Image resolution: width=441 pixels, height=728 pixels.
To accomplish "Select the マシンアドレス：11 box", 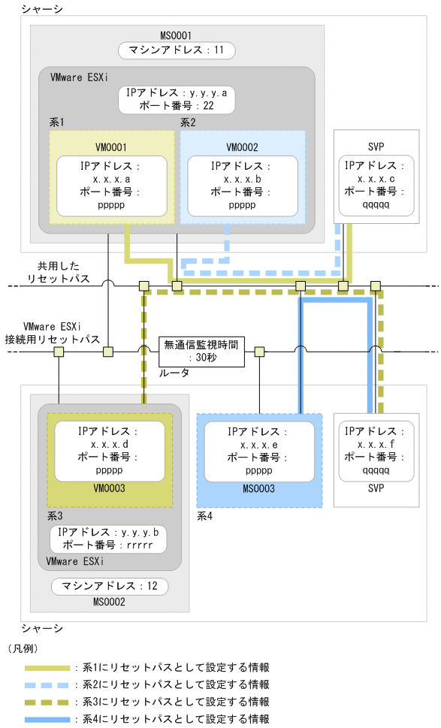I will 177,50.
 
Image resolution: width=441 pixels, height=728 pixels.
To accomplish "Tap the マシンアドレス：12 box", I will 110,586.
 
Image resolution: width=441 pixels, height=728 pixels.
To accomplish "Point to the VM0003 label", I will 109,488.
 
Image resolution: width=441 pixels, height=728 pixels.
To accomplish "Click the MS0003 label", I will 258,488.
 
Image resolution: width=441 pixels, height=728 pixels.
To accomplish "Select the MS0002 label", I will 110,602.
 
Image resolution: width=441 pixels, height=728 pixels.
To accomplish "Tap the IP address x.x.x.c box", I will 376,186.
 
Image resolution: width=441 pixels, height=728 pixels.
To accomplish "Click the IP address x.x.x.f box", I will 376,450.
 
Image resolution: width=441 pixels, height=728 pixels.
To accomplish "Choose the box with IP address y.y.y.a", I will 177,99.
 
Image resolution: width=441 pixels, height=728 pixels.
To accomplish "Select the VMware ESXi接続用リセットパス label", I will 51,333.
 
